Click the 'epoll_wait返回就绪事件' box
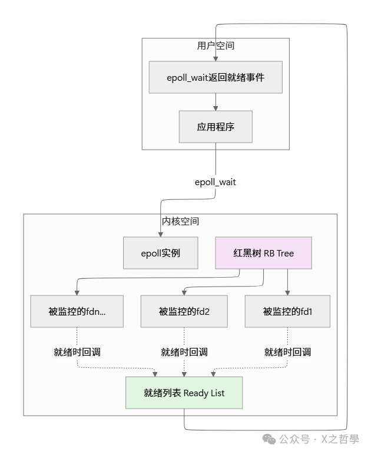(216, 77)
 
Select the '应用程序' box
(216, 127)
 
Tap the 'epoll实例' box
(160, 253)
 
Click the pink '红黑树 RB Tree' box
(263, 253)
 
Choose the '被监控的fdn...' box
(77, 311)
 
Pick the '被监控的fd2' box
(184, 311)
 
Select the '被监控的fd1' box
(287, 311)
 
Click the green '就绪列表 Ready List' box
(184, 393)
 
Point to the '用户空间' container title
(216, 45)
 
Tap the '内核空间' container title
(180, 222)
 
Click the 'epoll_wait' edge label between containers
(216, 182)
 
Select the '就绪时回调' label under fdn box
(77, 352)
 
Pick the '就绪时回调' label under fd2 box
(184, 352)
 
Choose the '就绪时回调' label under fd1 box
(287, 352)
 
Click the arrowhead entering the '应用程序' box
(216, 108)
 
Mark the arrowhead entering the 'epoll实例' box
(160, 234)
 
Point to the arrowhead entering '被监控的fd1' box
(287, 292)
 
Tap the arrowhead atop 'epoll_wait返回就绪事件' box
(216, 58)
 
